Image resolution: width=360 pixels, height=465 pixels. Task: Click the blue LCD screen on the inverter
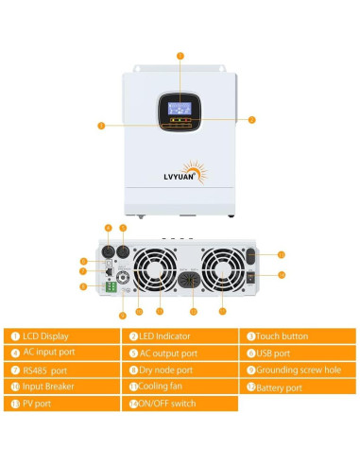coord(180,109)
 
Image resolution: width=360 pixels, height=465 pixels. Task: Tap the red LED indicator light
coord(186,120)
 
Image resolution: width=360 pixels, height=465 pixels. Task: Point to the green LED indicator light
coord(180,120)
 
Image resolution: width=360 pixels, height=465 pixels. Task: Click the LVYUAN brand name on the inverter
coord(179,177)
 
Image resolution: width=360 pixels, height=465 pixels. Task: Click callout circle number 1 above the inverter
coord(180,56)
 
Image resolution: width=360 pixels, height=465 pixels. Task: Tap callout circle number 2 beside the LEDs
coord(251,120)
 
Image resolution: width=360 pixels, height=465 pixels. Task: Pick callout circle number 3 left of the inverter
coord(101,126)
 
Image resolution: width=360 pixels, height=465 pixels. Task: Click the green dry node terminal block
coord(111,287)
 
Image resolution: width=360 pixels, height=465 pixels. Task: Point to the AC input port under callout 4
coord(108,251)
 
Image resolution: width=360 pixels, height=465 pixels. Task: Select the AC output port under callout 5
coord(123,251)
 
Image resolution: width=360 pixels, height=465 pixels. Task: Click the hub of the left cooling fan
coord(155,270)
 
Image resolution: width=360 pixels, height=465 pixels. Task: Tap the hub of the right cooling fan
coord(223,270)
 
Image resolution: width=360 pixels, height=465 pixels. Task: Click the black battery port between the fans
coord(189,280)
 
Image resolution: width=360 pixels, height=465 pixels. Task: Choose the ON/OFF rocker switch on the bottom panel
coord(250,278)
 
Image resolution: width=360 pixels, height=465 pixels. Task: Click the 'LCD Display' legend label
coord(45,336)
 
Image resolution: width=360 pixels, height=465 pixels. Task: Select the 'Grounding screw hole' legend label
coord(299,370)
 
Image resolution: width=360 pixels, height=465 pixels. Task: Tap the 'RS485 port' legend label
coord(45,370)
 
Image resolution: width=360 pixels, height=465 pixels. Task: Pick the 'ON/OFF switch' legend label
coord(167,404)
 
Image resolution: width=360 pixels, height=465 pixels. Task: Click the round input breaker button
coord(123,278)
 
